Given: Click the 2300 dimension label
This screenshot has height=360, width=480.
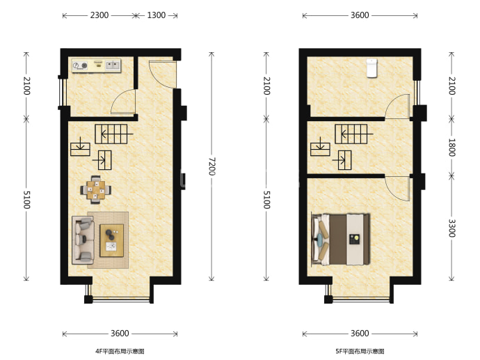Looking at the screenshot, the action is coord(99,15).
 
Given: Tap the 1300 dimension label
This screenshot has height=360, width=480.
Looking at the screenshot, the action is coord(157,15).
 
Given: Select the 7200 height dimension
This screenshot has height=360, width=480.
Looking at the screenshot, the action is coord(211,166).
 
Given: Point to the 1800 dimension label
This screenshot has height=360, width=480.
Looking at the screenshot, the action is coord(451,148).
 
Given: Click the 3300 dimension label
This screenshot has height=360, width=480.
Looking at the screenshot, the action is coord(451,228).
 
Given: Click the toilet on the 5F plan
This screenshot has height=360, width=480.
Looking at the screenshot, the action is coord(372,68).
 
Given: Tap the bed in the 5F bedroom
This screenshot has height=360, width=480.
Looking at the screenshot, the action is coord(341,240).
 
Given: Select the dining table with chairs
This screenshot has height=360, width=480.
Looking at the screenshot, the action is coord(96,190).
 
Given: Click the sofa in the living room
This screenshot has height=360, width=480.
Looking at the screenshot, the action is coord(83,240).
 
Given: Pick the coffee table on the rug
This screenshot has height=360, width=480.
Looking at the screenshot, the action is coord(112,240).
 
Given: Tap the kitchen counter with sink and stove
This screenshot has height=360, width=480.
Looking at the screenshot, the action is coord(96,65).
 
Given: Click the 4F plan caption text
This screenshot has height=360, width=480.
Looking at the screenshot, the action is coord(120,351).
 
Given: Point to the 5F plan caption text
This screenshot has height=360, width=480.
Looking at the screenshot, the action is coord(360,351).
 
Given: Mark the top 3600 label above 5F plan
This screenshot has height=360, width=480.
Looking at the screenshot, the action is coord(360,15).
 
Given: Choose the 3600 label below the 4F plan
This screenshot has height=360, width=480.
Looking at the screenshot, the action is coord(120,334).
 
